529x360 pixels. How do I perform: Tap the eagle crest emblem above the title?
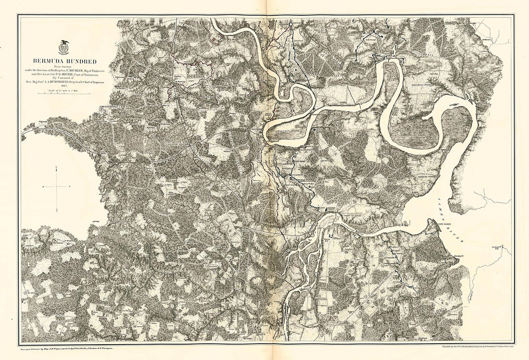[63, 48]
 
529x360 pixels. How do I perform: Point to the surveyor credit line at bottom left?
[70, 347]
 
